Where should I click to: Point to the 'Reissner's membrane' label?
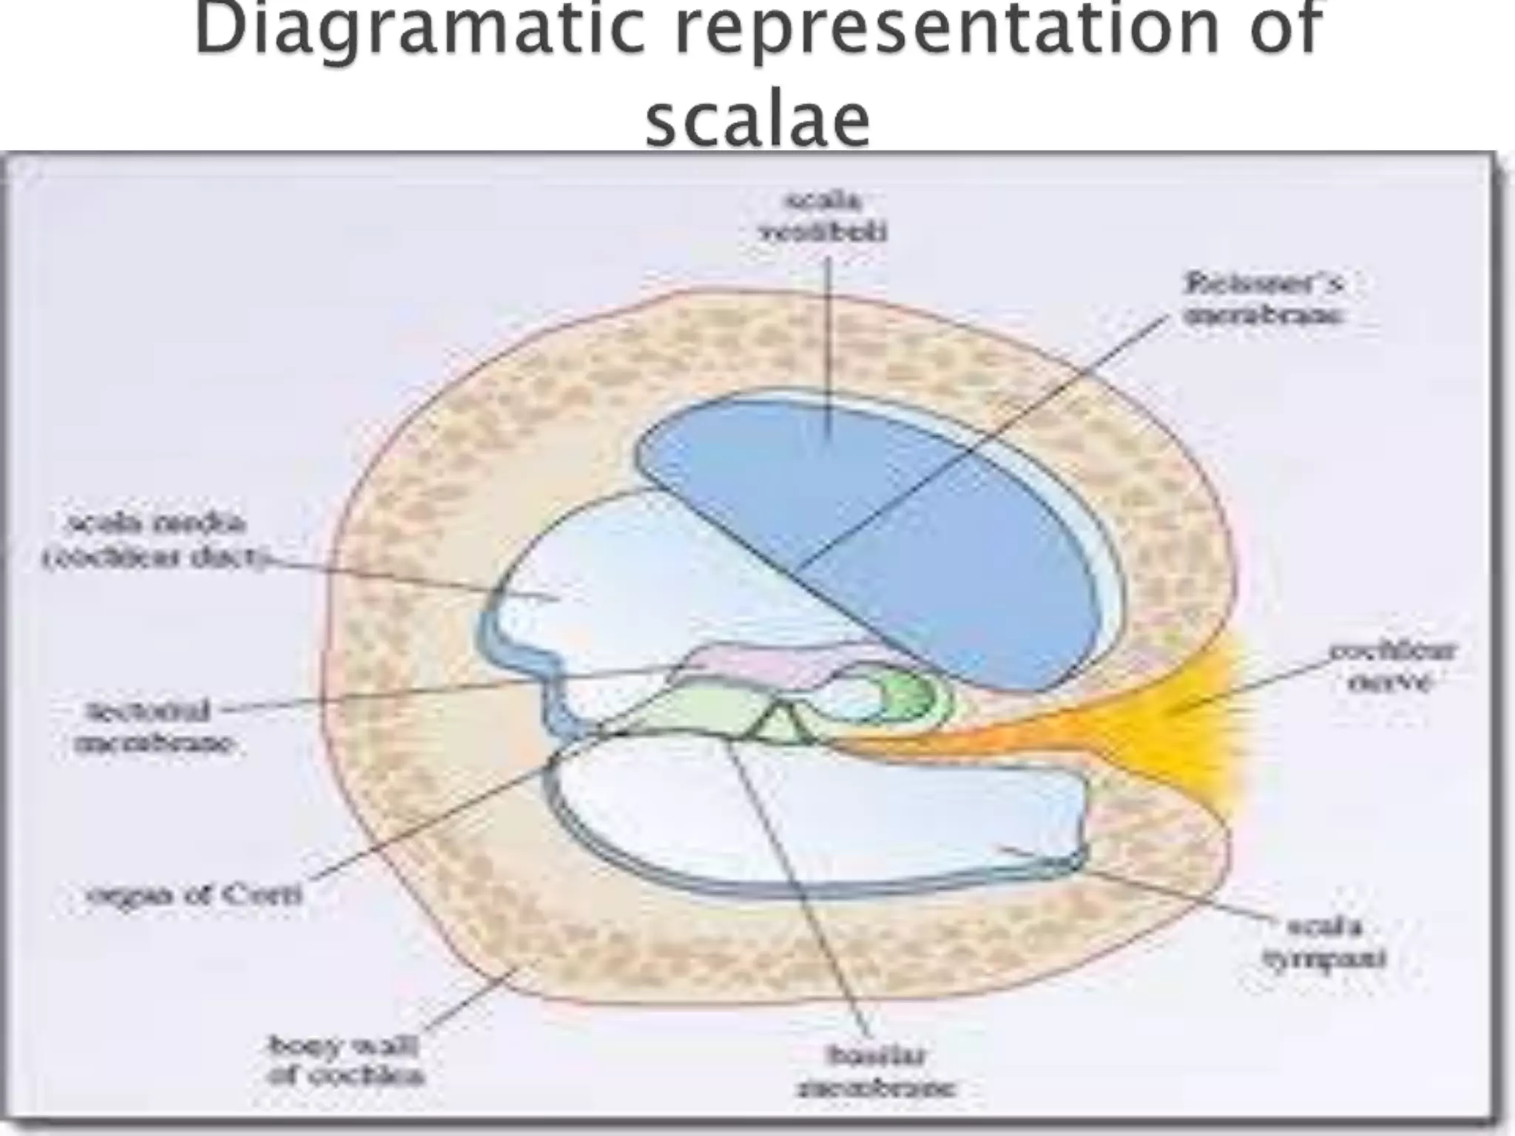[x=1263, y=299]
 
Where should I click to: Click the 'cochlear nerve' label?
[x=1391, y=666]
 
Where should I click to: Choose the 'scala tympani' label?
[x=1324, y=942]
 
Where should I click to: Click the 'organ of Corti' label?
[x=195, y=896]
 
